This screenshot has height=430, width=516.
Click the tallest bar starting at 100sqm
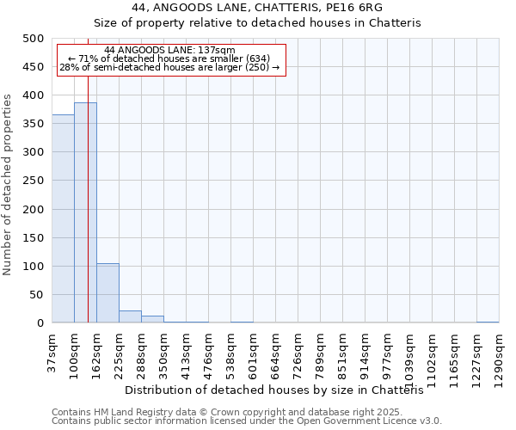(85, 212)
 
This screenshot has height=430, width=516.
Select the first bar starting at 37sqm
(63, 218)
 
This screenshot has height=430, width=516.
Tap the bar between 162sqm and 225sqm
(107, 293)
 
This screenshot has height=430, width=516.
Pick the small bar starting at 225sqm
(130, 316)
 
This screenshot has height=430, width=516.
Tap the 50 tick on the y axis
(37, 295)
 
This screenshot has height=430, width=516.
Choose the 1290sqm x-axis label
(499, 354)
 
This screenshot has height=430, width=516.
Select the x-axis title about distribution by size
(279, 390)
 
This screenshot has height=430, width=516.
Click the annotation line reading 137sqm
(169, 50)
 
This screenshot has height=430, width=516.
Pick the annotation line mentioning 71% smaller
(169, 58)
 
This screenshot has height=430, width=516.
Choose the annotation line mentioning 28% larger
(169, 67)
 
